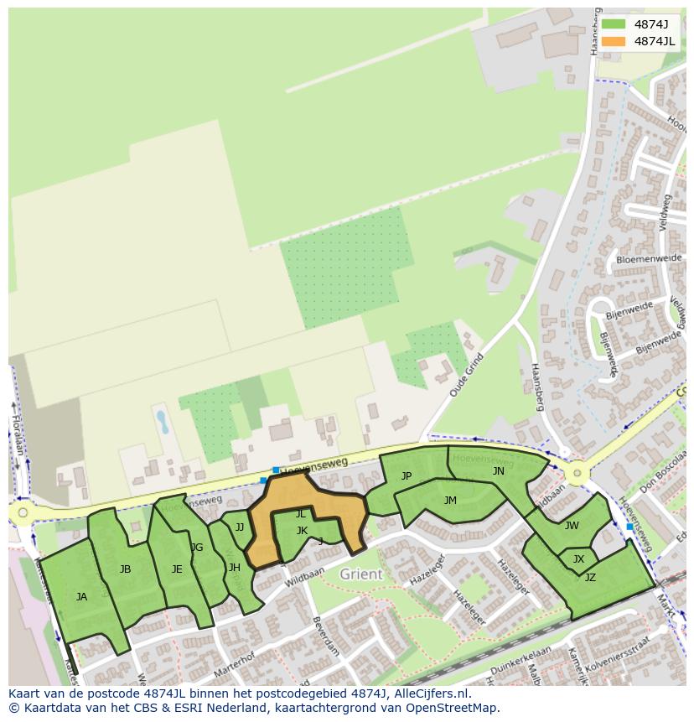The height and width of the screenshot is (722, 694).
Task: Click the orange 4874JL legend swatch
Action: coord(614,41)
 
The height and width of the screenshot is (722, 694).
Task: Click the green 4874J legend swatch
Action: coord(614,24)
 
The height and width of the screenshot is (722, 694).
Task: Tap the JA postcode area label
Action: coord(81,597)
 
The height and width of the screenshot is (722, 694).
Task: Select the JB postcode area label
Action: coord(125,569)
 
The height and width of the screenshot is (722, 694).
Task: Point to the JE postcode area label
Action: coord(177,569)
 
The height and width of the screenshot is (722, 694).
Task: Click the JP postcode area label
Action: coord(407,476)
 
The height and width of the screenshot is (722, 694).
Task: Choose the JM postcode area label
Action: coord(450,501)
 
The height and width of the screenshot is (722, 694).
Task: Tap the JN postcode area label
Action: coord(499,471)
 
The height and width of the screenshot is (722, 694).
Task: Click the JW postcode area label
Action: coord(572,526)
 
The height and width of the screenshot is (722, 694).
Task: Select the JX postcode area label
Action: coord(578,559)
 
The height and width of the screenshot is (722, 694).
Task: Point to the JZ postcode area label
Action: coord(590,577)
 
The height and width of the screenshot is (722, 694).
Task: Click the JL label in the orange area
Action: coord(300,514)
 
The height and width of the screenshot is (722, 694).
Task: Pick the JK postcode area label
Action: coord(302,531)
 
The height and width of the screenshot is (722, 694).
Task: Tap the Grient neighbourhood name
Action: coord(361,574)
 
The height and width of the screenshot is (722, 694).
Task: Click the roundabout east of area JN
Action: coord(576,474)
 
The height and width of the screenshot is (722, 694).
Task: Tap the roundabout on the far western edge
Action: coord(23,512)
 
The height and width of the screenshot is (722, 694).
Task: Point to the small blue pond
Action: coord(162,421)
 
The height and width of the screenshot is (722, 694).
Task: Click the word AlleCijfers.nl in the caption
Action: coord(423,693)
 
